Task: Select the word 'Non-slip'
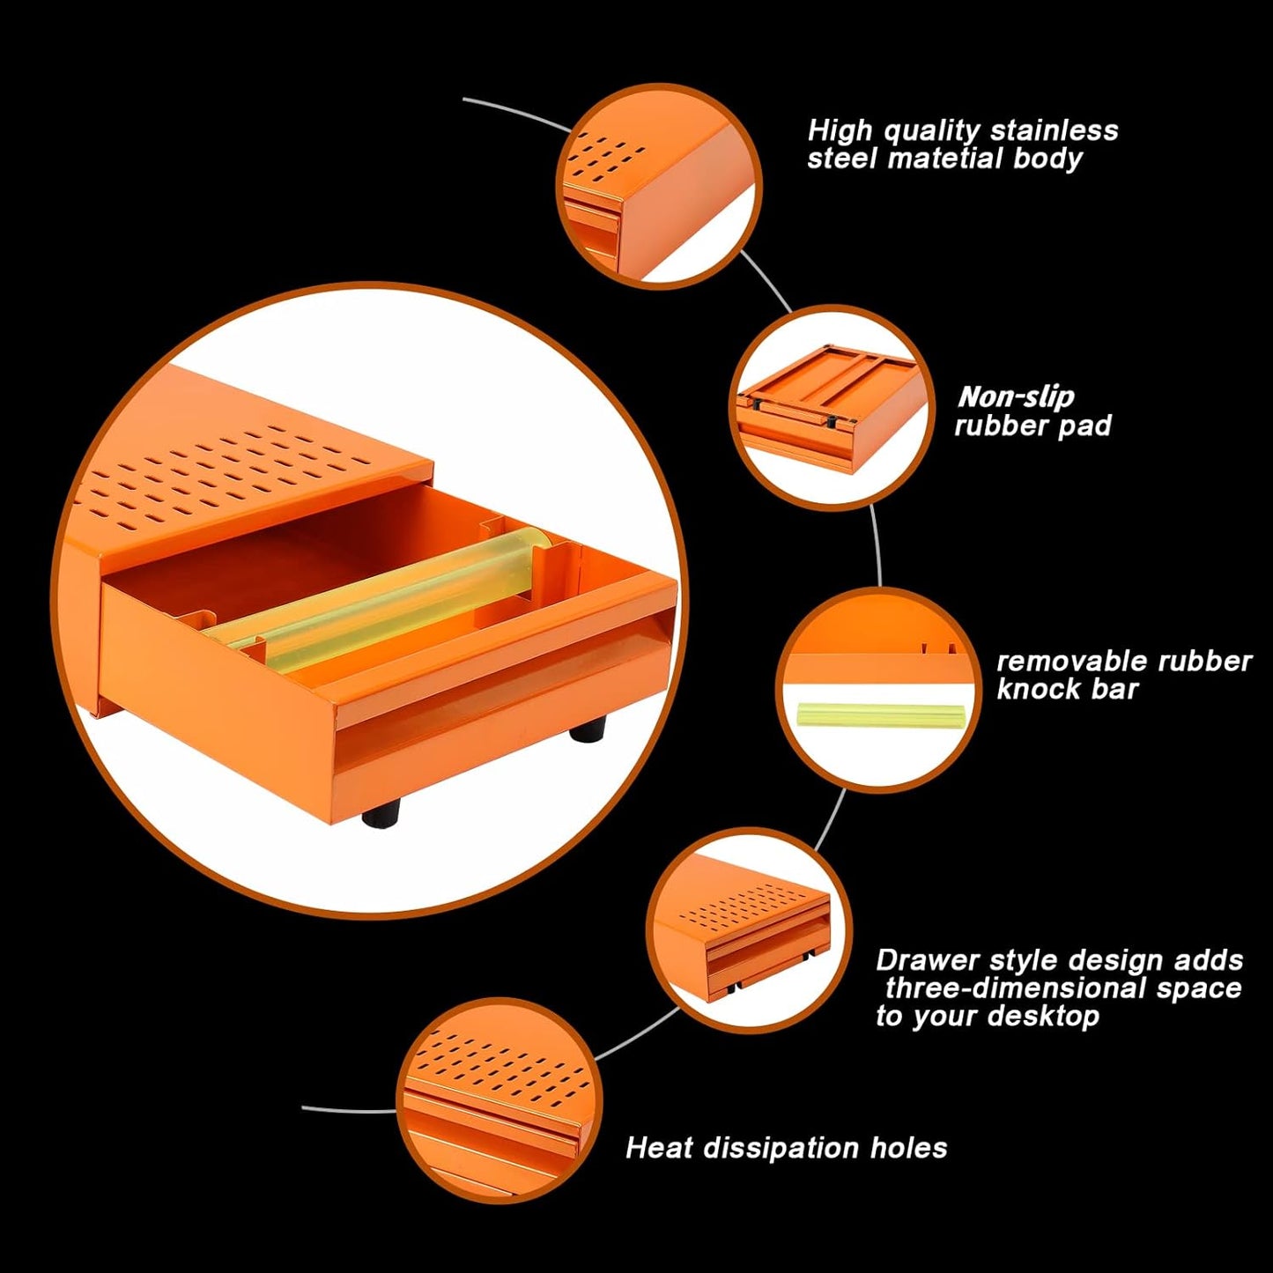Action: tap(1016, 397)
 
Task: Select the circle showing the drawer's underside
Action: tap(833, 410)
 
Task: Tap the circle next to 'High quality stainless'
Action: tap(659, 186)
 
